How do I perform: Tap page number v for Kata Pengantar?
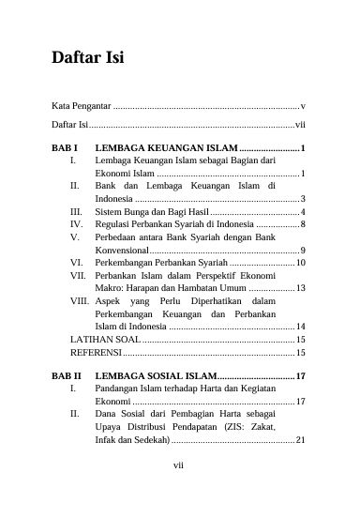303,106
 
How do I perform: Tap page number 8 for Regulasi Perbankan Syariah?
302,224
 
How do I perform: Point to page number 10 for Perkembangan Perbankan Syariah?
300,262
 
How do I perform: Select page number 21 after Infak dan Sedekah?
300,439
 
